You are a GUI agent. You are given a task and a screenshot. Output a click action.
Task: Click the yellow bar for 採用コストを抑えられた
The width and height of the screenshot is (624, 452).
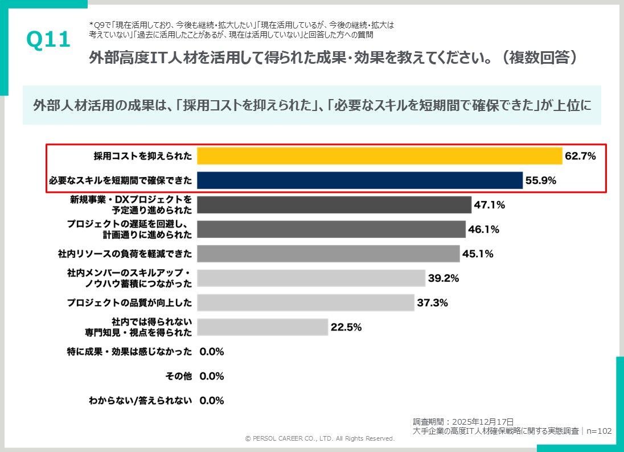point(380,156)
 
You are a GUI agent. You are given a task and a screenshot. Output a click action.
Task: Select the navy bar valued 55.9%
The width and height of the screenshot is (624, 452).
point(360,180)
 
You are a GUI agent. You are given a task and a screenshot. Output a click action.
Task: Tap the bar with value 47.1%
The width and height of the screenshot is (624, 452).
point(334,205)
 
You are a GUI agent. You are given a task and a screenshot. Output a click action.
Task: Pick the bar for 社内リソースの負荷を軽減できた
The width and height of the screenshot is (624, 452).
point(328,254)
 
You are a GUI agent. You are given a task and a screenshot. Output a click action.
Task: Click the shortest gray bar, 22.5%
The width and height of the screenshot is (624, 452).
point(262,327)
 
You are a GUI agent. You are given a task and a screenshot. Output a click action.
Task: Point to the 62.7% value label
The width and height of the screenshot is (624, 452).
point(580,156)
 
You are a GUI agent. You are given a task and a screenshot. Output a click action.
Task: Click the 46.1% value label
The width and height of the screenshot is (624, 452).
point(483,229)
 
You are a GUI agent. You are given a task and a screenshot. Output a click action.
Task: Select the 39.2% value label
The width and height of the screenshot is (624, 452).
point(443,278)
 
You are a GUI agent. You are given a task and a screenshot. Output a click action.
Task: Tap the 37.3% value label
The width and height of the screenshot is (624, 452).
point(432,303)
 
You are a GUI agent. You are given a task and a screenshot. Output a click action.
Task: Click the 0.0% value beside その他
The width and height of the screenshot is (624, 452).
point(212,376)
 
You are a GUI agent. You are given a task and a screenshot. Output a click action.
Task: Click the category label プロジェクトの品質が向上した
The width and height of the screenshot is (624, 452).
point(129,303)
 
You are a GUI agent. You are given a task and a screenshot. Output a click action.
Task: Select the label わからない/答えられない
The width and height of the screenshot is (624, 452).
point(140,401)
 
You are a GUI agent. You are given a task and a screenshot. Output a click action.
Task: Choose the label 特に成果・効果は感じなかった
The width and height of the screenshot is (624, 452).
point(129,352)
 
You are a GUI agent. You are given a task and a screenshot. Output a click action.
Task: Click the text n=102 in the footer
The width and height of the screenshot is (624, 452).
point(598,432)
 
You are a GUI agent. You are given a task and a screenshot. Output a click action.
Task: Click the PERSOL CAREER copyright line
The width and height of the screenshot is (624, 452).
point(319,439)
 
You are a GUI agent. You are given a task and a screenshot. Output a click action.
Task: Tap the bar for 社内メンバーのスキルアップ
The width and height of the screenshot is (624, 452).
point(311,278)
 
